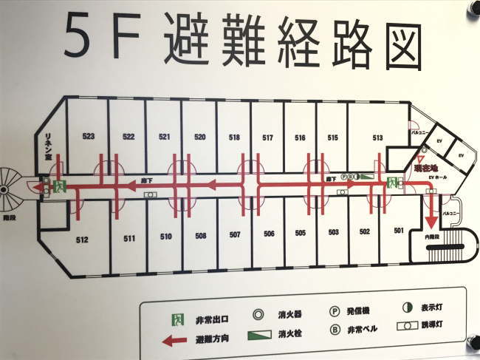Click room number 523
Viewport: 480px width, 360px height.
coord(89,137)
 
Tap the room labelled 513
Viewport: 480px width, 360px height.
coord(377,137)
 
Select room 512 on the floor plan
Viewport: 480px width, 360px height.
coord(82,239)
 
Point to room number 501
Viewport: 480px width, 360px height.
coord(398,231)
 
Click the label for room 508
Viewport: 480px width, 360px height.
coord(200,237)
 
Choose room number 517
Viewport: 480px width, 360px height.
coord(267,137)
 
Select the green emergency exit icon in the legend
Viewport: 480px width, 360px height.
coord(177,319)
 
